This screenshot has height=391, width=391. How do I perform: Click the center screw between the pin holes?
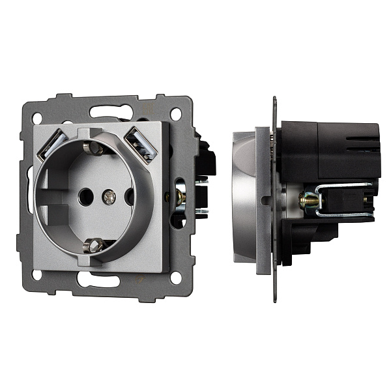[x=109, y=195]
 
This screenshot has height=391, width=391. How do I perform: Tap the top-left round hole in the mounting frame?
[x=37, y=118]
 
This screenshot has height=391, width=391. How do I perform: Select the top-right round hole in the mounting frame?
[x=175, y=113]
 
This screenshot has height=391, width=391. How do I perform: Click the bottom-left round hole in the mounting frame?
[x=37, y=275]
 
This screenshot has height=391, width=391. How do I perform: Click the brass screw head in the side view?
[x=304, y=201]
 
